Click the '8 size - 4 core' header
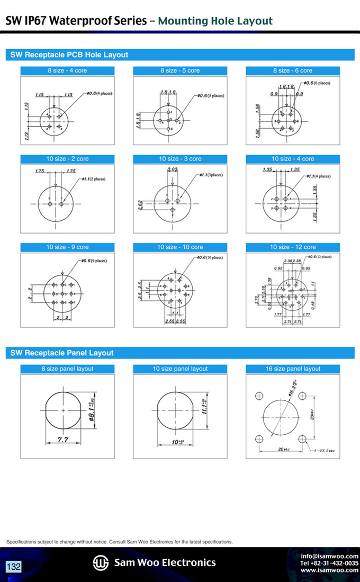pos(67,70)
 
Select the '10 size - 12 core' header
pos(293,247)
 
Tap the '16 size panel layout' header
pos(293,369)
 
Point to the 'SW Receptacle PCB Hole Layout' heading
pos(69,55)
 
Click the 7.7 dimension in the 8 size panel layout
pos(63,440)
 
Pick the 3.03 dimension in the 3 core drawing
pos(172,169)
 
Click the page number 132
pos(14,567)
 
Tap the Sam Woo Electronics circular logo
pos(101,562)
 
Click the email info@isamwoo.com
pos(329,556)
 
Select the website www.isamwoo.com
pos(329,570)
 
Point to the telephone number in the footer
pos(329,563)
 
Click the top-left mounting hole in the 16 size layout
pos(259,396)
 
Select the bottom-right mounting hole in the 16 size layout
pos(302,438)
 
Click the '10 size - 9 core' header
pos(67,247)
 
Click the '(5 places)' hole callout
pos(210,96)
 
